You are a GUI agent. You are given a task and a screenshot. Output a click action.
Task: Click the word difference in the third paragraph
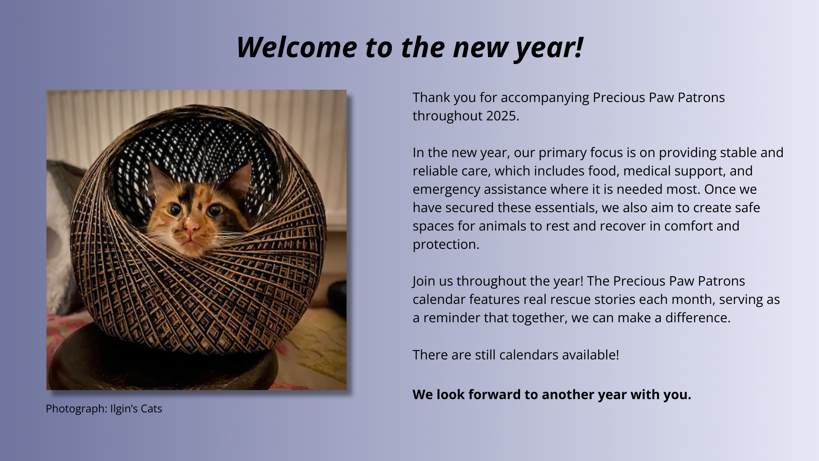tap(696, 318)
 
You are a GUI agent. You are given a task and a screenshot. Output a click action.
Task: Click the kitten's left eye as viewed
tap(175, 210)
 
